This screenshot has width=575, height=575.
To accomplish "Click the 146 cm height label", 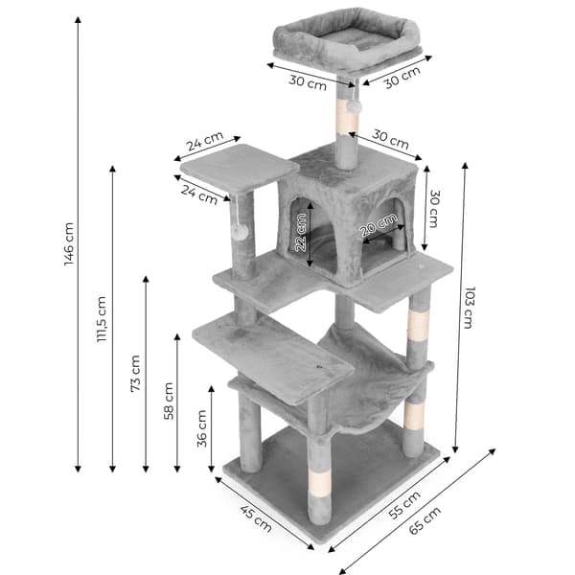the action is [x=69, y=244].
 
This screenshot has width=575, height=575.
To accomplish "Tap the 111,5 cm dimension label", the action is [x=102, y=319].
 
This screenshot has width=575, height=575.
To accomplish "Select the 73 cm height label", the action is [x=135, y=374].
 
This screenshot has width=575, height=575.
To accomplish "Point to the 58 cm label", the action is [x=169, y=401].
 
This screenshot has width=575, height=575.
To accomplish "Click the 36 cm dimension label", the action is [x=202, y=428].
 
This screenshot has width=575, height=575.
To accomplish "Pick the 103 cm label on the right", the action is [x=469, y=308].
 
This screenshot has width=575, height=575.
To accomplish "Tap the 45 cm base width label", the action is [x=256, y=517].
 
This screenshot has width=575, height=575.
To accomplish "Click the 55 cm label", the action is [x=404, y=505].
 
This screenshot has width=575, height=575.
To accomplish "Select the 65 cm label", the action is [x=425, y=520].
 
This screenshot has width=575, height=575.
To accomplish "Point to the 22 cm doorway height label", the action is [x=301, y=233].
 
